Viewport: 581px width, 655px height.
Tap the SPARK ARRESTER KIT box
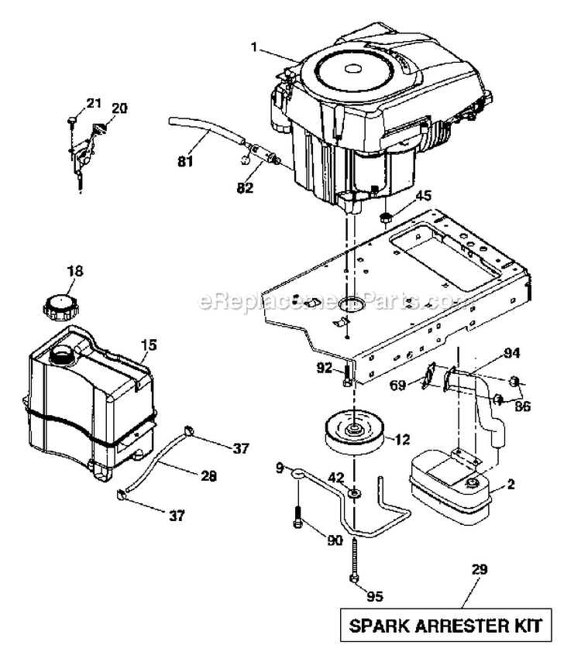tap(447, 623)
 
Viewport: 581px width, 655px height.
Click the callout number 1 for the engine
tap(253, 46)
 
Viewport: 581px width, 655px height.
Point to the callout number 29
tap(480, 570)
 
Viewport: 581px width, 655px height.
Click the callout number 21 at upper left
tap(93, 102)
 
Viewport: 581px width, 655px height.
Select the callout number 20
tap(118, 108)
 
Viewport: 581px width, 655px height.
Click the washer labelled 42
tap(354, 493)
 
